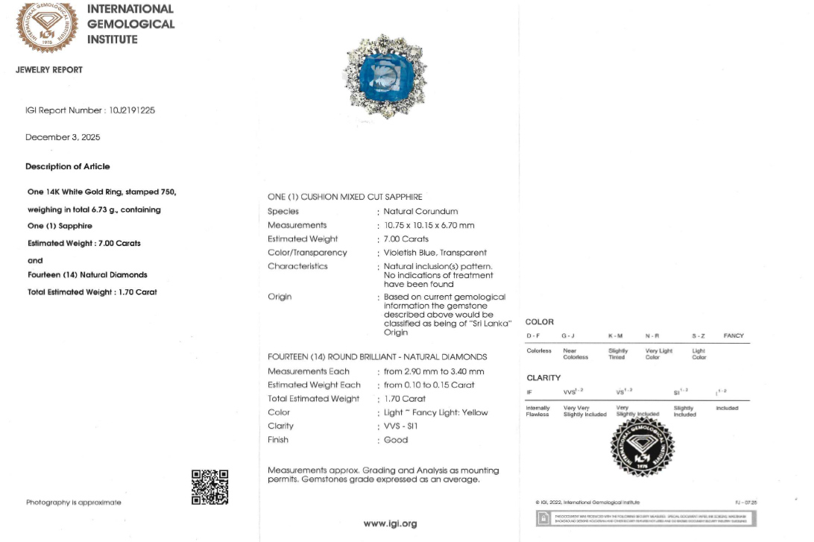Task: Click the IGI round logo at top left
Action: (x=46, y=28)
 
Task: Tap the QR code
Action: (x=209, y=487)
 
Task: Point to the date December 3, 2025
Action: (x=63, y=137)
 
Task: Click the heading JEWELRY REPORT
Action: (x=49, y=70)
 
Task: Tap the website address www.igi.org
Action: (x=390, y=523)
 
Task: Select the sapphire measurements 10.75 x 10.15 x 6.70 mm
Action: (x=429, y=225)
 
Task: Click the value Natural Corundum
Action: (x=420, y=212)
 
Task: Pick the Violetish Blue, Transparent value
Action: (x=435, y=253)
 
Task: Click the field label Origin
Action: (x=280, y=297)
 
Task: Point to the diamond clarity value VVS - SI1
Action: (x=401, y=426)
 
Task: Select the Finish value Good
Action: (x=396, y=440)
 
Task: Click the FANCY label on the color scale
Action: (x=733, y=336)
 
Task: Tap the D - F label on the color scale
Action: (x=533, y=336)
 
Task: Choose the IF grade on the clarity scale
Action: (x=529, y=392)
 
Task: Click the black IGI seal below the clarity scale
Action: (x=642, y=447)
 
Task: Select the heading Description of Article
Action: (x=67, y=167)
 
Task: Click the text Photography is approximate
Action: (x=73, y=502)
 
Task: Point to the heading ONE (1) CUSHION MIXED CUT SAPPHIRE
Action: (x=345, y=197)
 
